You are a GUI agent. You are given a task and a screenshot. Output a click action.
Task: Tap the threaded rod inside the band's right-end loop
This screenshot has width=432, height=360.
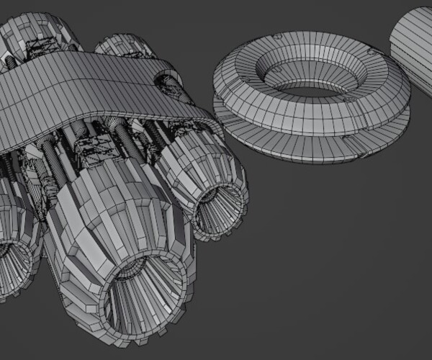(173, 86)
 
